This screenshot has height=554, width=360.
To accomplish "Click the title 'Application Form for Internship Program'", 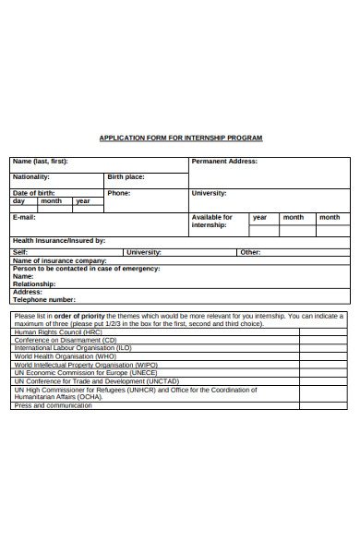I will click(x=181, y=138).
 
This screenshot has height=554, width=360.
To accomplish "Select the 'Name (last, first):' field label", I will click(x=40, y=161).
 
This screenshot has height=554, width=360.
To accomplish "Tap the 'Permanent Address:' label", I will click(x=224, y=161).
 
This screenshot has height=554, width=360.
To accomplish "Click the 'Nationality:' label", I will click(x=30, y=176).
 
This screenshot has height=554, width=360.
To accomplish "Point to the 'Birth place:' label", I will click(x=126, y=176).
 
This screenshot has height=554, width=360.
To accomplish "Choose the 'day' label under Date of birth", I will click(x=18, y=200).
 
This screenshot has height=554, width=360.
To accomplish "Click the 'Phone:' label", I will click(x=118, y=193).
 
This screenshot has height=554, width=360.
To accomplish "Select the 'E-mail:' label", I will click(x=24, y=217).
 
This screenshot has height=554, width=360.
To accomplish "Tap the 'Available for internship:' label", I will click(x=211, y=221).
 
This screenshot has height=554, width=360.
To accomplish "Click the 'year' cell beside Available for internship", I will click(x=259, y=217).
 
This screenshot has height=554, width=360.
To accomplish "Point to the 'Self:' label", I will click(x=20, y=252).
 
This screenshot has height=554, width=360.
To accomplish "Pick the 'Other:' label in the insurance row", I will click(x=250, y=252).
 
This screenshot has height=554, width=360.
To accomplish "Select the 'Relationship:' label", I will click(x=35, y=283).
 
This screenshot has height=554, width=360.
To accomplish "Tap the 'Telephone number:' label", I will click(x=44, y=299).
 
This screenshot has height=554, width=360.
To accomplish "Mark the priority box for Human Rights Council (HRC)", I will click(x=322, y=332).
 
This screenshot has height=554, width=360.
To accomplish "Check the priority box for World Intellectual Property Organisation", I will click(x=322, y=365).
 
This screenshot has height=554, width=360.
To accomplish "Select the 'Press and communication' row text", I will click(x=54, y=405).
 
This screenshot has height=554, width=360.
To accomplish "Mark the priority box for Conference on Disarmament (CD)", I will click(x=322, y=340).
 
